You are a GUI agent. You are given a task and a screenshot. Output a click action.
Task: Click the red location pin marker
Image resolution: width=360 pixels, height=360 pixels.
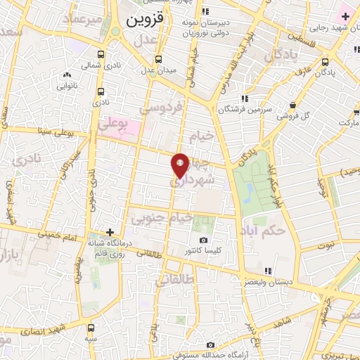coord(180,165)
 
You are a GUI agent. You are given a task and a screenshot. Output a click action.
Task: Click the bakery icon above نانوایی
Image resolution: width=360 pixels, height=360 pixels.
coord(67,75)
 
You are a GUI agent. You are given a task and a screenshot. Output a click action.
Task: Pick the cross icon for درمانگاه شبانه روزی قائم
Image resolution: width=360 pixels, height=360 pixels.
coord(110,231)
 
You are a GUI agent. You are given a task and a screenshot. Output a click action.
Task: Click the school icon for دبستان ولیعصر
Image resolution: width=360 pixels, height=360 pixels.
coord(264,271)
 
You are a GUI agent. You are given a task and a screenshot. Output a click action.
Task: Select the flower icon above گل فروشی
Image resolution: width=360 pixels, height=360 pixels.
coord(291,104)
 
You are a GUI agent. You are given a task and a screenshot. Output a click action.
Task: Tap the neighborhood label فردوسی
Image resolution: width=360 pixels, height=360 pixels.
coord(161,108)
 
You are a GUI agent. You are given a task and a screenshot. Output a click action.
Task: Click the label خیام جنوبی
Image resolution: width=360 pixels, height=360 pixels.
coord(164,219)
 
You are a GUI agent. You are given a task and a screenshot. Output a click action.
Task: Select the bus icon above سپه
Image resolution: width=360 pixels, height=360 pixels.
coord(91,327)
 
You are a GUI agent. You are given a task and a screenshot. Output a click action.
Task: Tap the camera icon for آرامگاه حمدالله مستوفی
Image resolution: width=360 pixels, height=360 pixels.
coord(211,345)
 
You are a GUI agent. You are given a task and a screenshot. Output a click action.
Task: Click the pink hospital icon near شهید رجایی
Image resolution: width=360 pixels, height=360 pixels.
coord(345,15)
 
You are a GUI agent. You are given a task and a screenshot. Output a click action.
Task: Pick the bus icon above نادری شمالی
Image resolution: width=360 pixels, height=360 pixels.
coord(102,54)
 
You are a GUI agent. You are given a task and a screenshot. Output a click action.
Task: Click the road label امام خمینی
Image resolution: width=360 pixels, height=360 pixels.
coord(60,237)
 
